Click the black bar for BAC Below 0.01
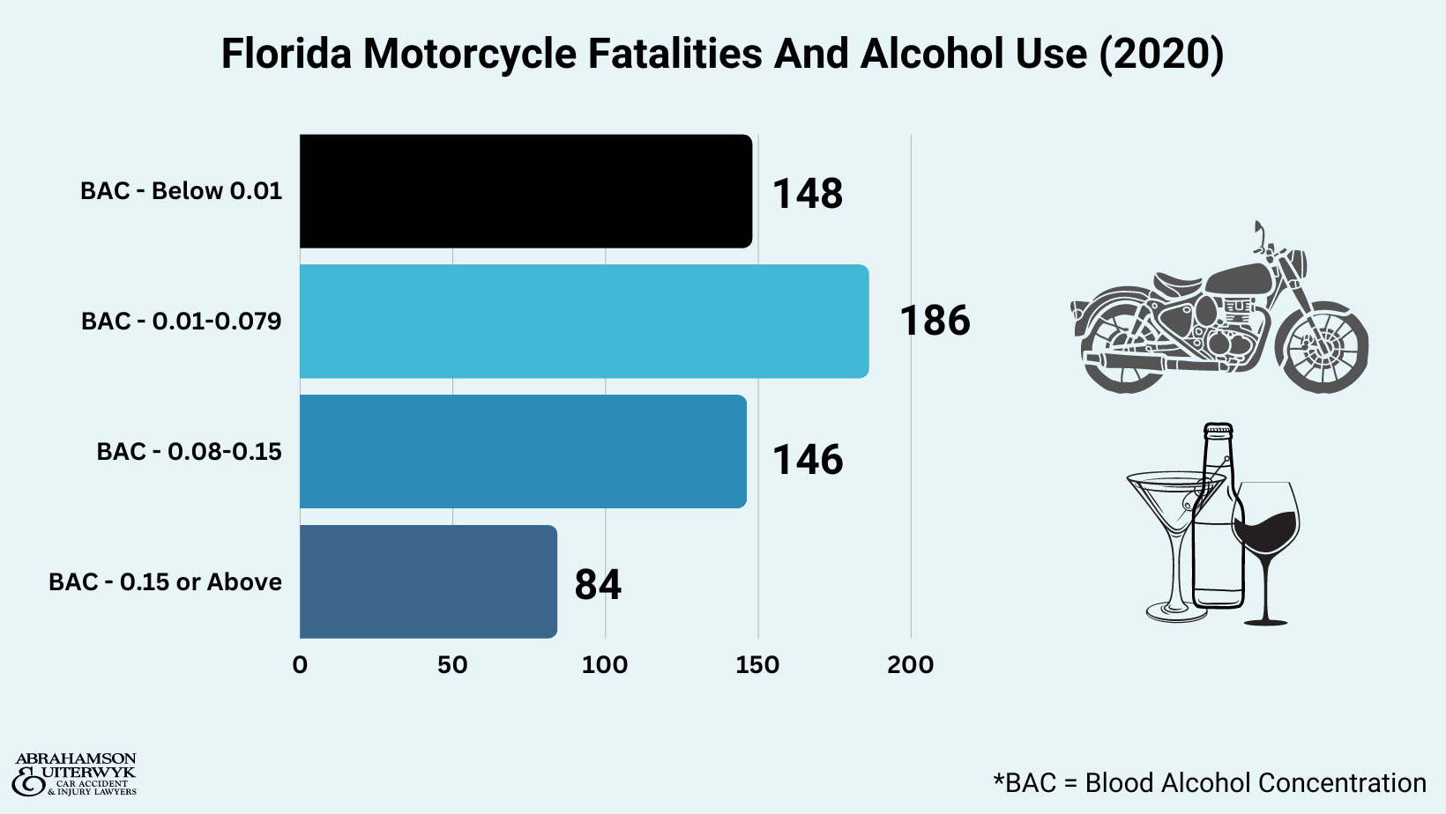[x=525, y=191]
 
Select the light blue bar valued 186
[x=584, y=322]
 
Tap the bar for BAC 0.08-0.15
[x=523, y=451]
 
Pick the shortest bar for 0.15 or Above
[x=429, y=581]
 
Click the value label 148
[x=808, y=194]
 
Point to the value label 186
[x=935, y=321]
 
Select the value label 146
[x=808, y=460]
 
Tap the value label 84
[x=598, y=584]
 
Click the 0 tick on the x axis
[x=300, y=665]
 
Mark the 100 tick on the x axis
[x=605, y=665]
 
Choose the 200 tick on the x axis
[x=910, y=665]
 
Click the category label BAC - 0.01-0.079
[x=181, y=321]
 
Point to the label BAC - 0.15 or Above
[x=165, y=581]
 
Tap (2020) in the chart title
[x=1161, y=54]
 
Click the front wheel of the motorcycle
[x=1322, y=348]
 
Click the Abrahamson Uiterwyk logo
[x=75, y=774]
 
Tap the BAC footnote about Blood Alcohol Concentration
[x=1209, y=782]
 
